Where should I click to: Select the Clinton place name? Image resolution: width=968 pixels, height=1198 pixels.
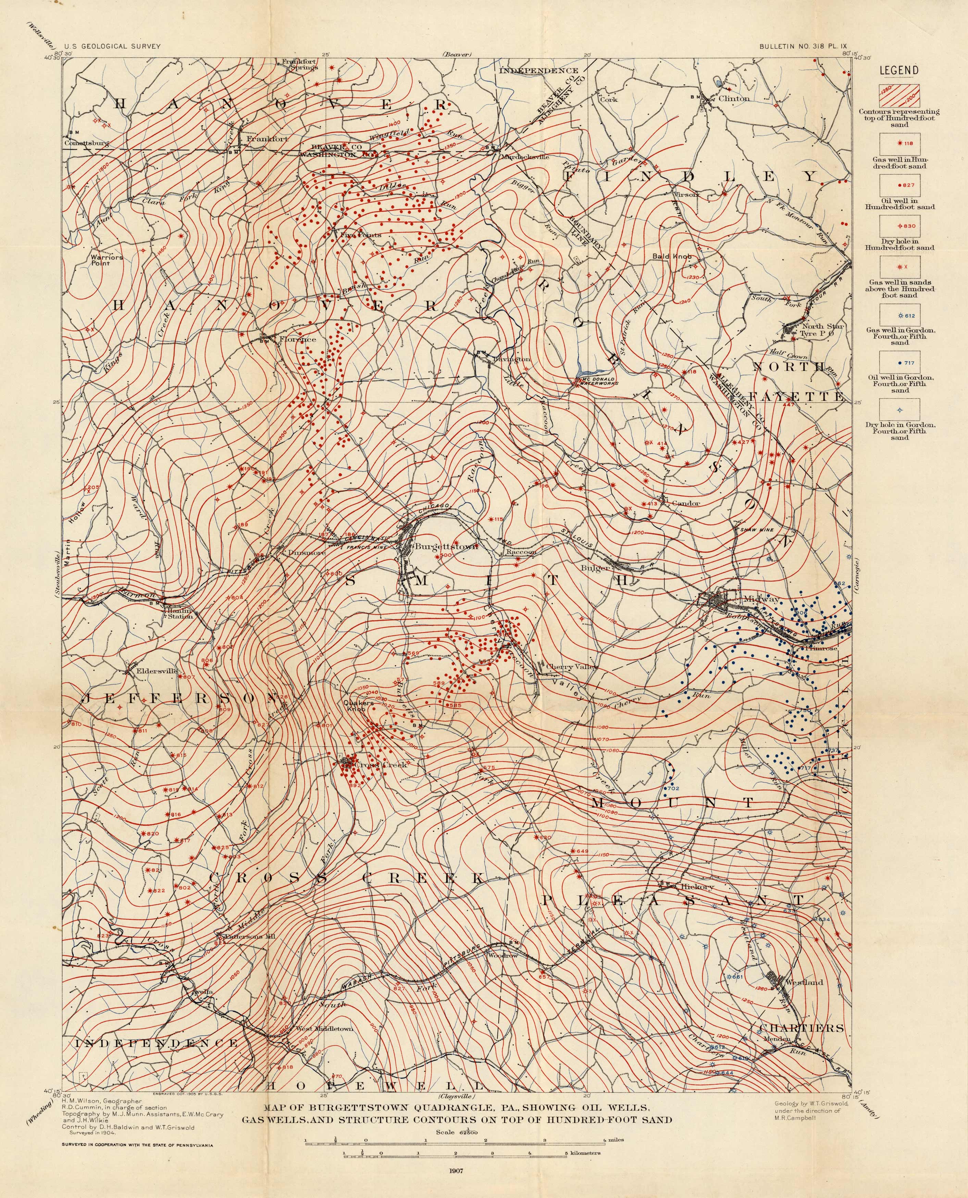pos(734,99)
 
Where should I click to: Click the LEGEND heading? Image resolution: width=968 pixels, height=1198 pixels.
pos(899,70)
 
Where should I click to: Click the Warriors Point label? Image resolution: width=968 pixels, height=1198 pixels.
pos(107,260)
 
